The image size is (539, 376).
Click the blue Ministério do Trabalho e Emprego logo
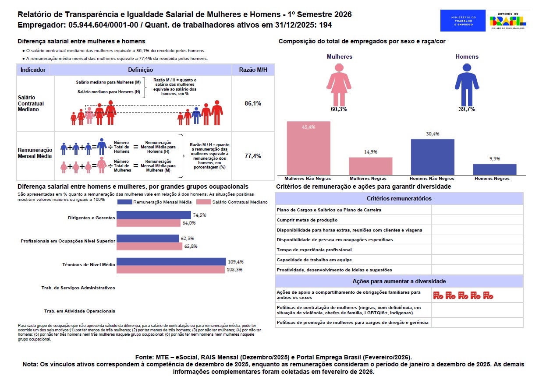point(463,21)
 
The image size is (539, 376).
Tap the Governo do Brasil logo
point(508,21)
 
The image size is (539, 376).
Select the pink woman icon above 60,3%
point(339,84)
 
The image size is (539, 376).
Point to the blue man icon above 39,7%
point(467,84)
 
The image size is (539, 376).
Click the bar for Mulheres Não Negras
point(309,148)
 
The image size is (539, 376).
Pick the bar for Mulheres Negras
point(371,166)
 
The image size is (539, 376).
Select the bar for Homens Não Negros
point(433,157)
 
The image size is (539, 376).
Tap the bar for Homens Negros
point(495,169)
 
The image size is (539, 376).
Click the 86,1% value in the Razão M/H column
point(253,103)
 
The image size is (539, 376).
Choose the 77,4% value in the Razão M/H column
point(253,156)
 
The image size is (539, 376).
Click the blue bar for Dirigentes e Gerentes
point(154,215)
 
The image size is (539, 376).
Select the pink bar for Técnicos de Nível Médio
point(170,270)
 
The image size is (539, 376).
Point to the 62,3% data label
point(188,239)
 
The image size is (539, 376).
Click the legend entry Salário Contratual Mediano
point(232,202)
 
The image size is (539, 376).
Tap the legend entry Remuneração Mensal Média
point(155,202)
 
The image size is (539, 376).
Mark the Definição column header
point(141,70)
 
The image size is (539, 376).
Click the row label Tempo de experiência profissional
point(314,250)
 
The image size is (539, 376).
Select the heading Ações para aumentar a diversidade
point(399,281)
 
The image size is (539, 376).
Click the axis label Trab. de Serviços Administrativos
point(78,288)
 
